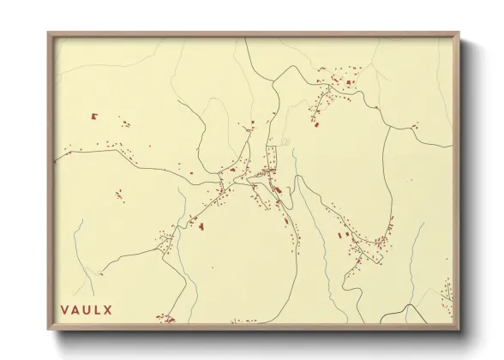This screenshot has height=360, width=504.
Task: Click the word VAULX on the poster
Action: (x=87, y=309)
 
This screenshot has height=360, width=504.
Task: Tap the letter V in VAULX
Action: (x=64, y=309)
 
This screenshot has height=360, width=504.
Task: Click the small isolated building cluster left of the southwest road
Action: (x=119, y=195)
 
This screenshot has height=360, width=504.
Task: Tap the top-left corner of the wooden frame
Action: (x=49, y=34)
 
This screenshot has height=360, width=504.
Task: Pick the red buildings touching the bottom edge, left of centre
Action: (x=165, y=320)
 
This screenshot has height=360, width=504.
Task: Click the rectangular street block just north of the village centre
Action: (x=273, y=158)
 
